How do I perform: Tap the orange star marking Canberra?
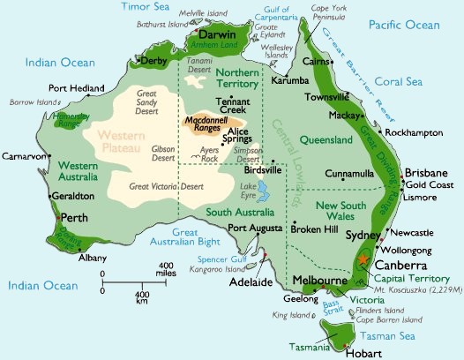pyautogui.click(x=363, y=260)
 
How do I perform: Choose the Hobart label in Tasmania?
pyautogui.click(x=351, y=351)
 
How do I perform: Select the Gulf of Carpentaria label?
pyautogui.click(x=271, y=15)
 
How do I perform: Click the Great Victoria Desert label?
pyautogui.click(x=164, y=186)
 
